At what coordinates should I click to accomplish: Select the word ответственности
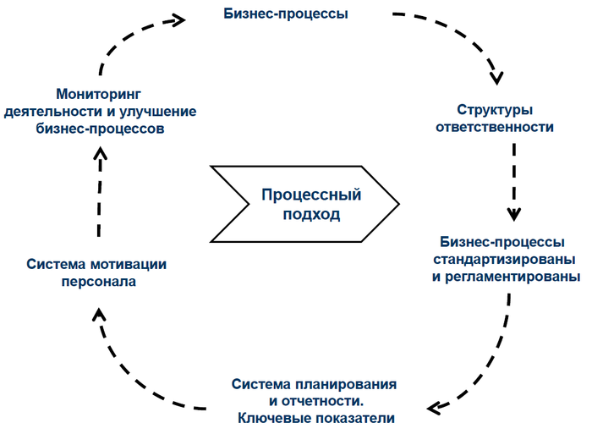pyautogui.click(x=494, y=128)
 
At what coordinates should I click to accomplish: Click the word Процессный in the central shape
pyautogui.click(x=311, y=195)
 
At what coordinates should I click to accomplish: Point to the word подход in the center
pyautogui.click(x=311, y=214)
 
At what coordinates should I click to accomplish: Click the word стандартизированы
pyautogui.click(x=505, y=258)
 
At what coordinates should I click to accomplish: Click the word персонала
pyautogui.click(x=98, y=282)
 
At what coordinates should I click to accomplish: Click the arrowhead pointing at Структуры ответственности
pyautogui.click(x=496, y=77)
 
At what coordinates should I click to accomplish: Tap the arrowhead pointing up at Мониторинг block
pyautogui.click(x=100, y=153)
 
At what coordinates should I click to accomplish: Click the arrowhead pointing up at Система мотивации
pyautogui.click(x=99, y=315)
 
